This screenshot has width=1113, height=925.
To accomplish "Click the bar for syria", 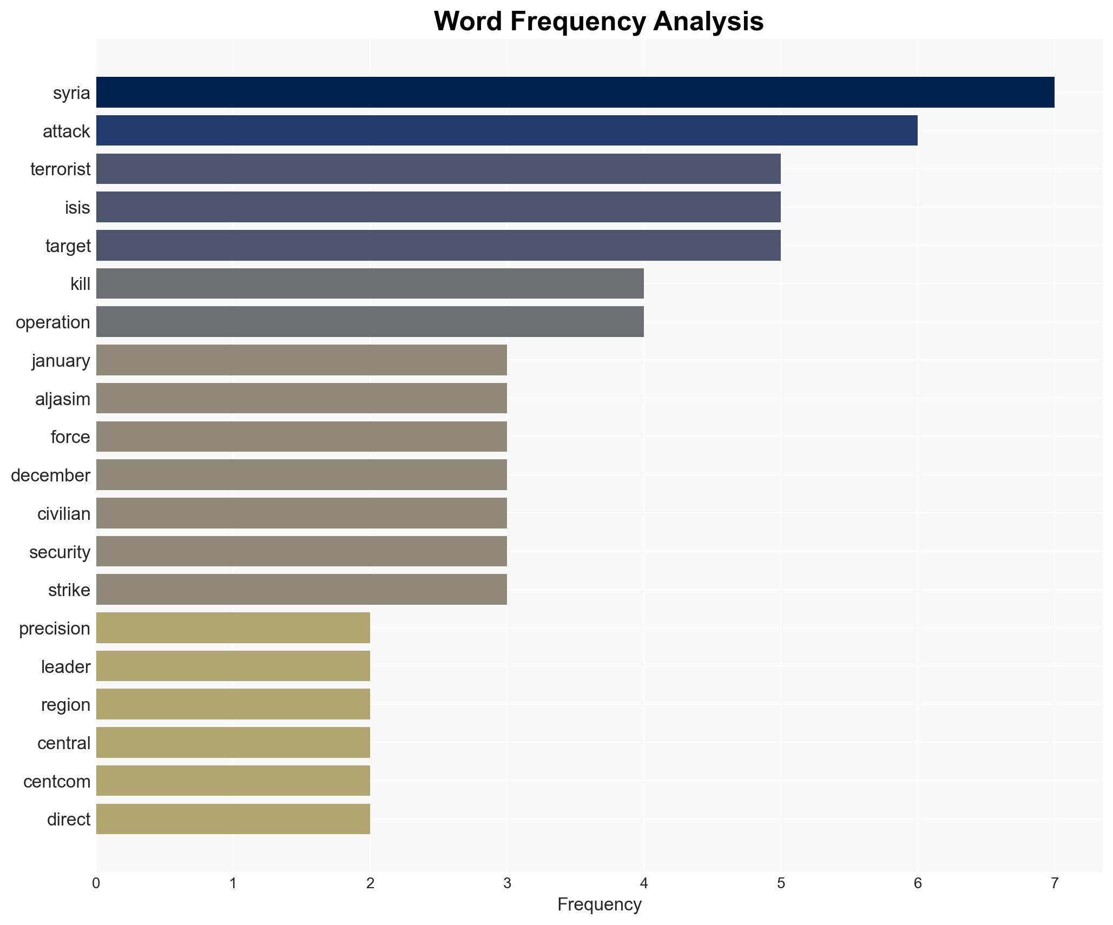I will click(575, 93).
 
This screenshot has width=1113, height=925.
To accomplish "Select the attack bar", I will click(506, 130).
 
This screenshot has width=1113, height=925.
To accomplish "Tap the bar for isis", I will click(438, 207).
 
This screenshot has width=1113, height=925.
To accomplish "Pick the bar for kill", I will click(370, 283).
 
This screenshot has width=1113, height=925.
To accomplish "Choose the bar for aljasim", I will click(301, 399).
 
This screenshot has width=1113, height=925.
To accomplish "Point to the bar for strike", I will click(301, 590).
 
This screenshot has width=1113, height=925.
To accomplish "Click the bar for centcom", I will click(233, 781).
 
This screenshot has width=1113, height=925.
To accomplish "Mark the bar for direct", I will click(233, 820).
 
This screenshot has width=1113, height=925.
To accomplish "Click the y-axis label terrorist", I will click(61, 169).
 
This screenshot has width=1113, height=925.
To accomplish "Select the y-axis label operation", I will click(53, 322).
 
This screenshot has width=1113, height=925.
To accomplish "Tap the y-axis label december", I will click(50, 475).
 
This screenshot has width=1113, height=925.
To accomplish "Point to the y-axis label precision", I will click(55, 629).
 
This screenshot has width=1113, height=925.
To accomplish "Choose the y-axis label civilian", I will click(64, 514).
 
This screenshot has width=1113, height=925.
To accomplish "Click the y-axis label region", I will click(65, 705).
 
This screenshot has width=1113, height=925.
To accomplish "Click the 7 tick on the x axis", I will click(1054, 884).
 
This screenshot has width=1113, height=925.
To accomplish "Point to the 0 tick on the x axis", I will click(96, 884).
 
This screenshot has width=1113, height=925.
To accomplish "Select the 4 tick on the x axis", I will click(643, 884).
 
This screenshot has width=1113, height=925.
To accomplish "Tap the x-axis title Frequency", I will click(599, 904).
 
